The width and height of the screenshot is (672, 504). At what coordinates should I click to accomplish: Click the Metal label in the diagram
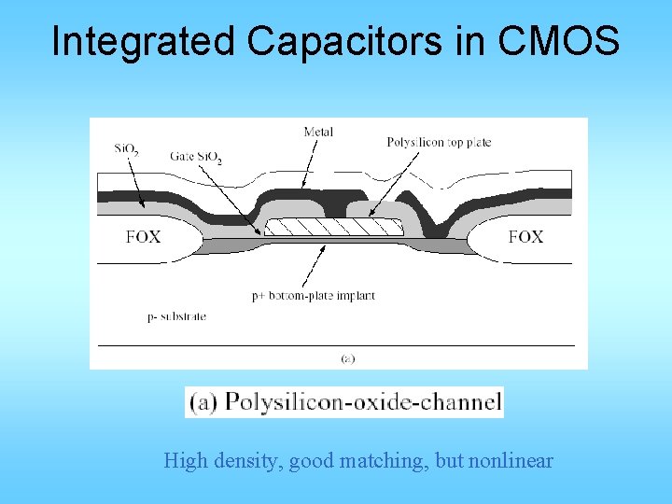[x=318, y=132]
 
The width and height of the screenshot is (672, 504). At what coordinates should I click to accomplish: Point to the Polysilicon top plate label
[x=439, y=143]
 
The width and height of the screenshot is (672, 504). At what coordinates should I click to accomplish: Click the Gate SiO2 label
[x=196, y=156]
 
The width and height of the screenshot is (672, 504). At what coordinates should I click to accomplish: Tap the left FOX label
[x=143, y=237]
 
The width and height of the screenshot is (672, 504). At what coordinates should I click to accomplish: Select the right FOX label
[x=525, y=237]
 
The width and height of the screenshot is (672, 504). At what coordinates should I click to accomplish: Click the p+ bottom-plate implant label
[x=313, y=296]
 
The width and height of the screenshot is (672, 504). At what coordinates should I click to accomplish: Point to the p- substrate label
[x=176, y=316]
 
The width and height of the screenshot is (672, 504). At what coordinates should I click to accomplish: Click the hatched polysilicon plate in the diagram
[x=332, y=227]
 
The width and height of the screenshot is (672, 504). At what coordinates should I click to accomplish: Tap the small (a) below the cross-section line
[x=347, y=357]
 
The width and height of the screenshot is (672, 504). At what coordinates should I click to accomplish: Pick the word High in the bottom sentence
[x=183, y=461]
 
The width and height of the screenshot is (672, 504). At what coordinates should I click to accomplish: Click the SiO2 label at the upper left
[x=128, y=148]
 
